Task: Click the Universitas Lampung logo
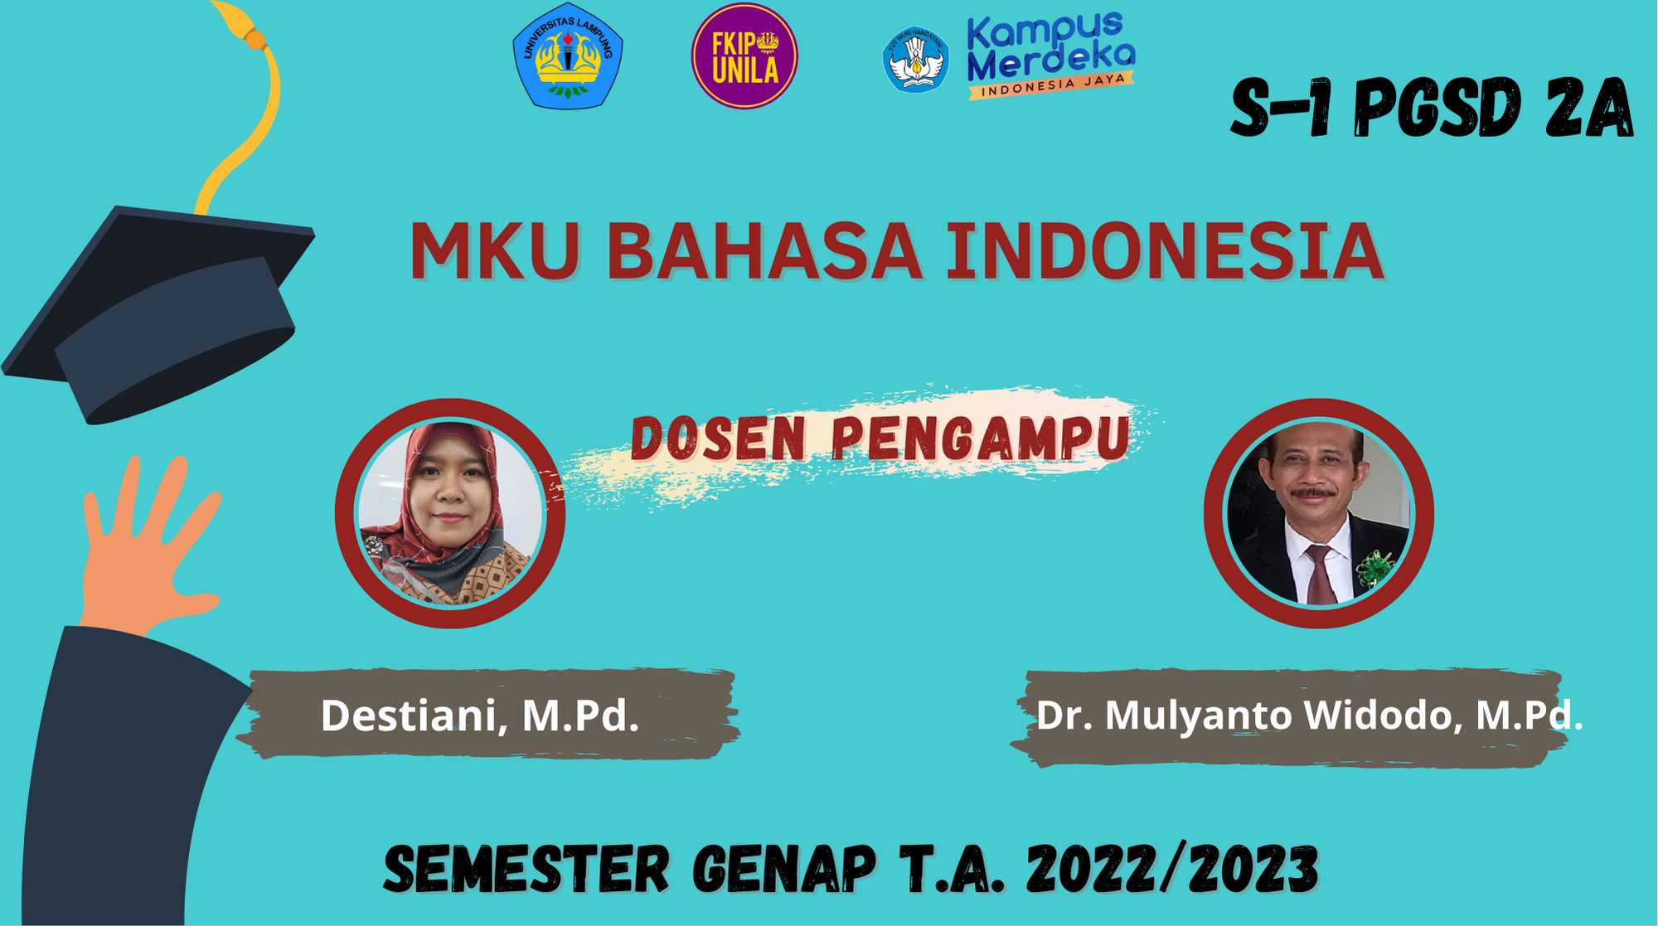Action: pos(568,56)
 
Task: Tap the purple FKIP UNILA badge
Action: pos(744,56)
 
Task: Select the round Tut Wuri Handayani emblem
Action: pos(915,59)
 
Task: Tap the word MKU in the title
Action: pos(495,250)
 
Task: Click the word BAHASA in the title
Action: pos(764,250)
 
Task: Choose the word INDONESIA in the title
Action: pos(1166,250)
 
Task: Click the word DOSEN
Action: pos(718,439)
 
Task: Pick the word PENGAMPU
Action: pos(981,437)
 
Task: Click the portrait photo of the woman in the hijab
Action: pos(450,513)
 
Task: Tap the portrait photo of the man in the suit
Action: pos(1318,513)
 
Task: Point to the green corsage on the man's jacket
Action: pos(1374,569)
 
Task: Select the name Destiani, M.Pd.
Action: pos(480,715)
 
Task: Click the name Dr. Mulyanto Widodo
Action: pos(1248,715)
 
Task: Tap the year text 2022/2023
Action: pos(1172,870)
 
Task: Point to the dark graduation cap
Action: pos(158,315)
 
